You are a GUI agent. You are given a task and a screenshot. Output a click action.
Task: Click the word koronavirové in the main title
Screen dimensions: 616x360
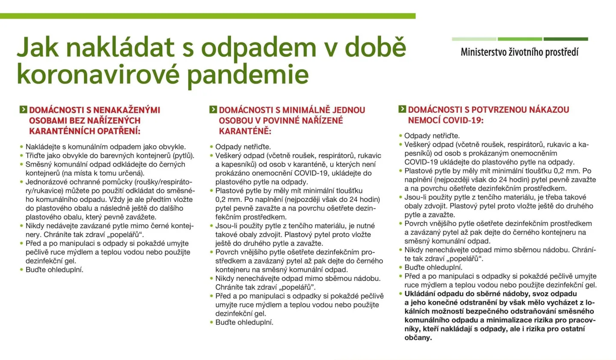[x=98, y=74]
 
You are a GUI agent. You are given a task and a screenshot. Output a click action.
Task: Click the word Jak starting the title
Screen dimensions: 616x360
[x=37, y=47]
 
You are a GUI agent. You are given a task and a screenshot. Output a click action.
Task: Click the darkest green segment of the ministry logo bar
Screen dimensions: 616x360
[x=566, y=39]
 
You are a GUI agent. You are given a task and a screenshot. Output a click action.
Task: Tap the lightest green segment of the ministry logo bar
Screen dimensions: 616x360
[x=474, y=39]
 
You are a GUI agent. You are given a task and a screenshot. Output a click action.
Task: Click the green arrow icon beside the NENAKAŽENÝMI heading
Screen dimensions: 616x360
[x=23, y=109]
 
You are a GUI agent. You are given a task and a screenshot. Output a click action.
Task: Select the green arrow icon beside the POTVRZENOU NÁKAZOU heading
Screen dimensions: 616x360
[x=402, y=109]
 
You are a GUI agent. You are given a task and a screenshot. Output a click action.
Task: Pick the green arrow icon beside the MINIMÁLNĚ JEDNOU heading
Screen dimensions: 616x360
[x=213, y=109]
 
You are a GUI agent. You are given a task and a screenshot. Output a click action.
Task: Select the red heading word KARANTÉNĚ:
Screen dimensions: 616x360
[x=245, y=131]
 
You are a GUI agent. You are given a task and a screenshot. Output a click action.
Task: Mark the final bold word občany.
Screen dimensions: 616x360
[x=418, y=338]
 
